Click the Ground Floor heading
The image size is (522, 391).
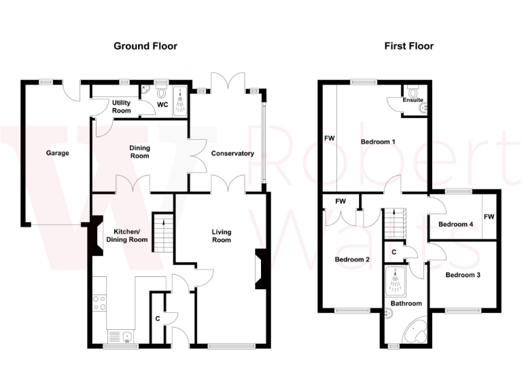pos(145,46)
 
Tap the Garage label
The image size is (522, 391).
pos(58,153)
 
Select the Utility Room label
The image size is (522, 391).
pos(121,106)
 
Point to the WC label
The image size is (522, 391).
pos(162,105)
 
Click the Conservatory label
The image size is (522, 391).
pos(232,153)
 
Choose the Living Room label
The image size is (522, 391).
pos(222,236)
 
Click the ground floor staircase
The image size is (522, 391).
pos(162,231)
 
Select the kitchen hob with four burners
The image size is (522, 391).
pos(99,302)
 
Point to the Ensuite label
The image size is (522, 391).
pos(413,100)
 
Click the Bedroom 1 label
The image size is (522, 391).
pos(378,142)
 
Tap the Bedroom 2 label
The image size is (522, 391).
pos(352,259)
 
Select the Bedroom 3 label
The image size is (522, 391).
pos(463,275)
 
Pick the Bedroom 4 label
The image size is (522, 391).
pos(455,225)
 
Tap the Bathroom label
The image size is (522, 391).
pos(406,303)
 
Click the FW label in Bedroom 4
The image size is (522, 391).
pos(489,217)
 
